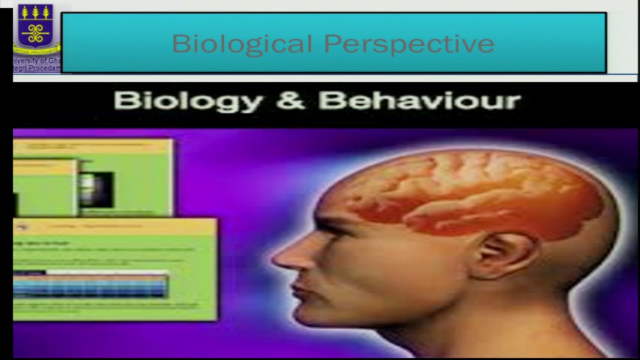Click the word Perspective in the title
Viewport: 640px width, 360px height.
(x=409, y=44)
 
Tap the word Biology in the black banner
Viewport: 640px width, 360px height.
(x=188, y=101)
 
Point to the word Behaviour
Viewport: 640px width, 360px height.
(x=419, y=101)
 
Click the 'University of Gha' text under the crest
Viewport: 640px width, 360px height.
(x=37, y=61)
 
